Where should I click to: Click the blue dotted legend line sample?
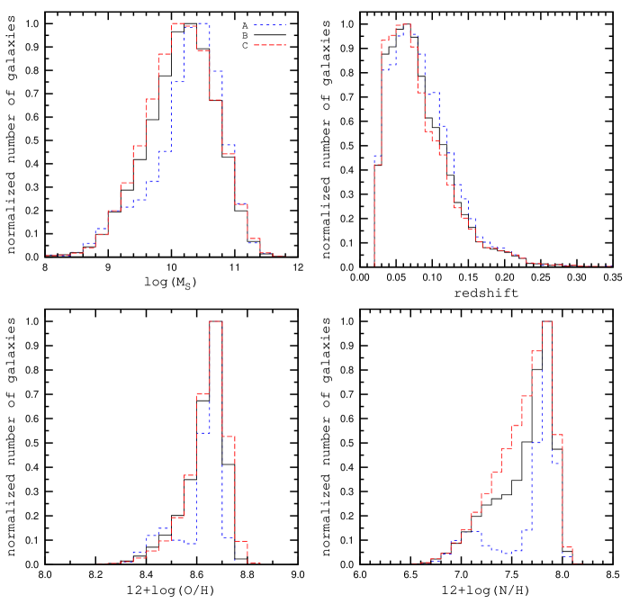(x=269, y=25)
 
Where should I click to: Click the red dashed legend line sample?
(x=269, y=45)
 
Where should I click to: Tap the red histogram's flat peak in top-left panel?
(x=178, y=23)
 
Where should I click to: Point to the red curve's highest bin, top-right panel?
(x=402, y=24)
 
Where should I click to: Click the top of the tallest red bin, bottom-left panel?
(x=216, y=320)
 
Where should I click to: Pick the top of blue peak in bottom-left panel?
(x=203, y=433)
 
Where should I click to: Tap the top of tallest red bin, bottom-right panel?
(x=546, y=320)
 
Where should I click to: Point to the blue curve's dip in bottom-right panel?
(x=508, y=553)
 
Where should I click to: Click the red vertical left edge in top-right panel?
(x=374, y=216)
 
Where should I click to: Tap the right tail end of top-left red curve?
(x=284, y=256)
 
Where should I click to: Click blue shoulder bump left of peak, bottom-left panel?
(x=165, y=527)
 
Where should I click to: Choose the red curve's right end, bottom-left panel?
(x=259, y=563)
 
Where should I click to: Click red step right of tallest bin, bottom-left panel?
(x=229, y=437)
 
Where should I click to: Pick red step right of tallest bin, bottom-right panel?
(x=557, y=434)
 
